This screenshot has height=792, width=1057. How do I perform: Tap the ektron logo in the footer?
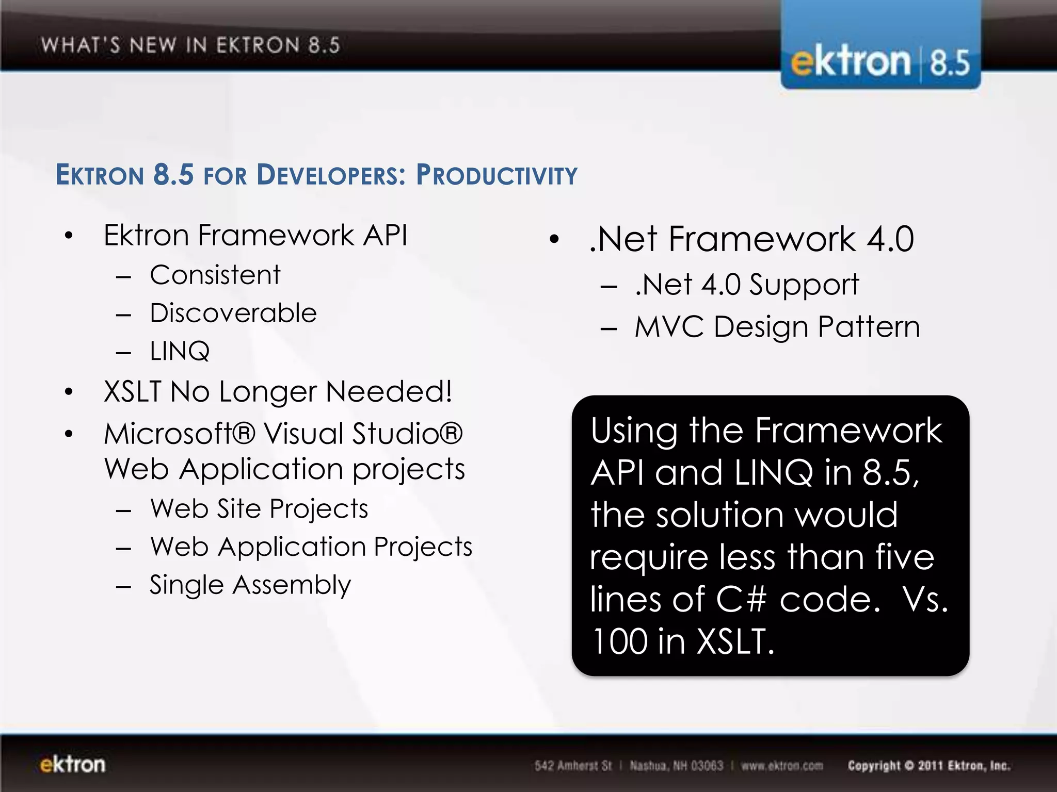73,764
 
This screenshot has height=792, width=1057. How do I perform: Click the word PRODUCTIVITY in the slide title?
497,175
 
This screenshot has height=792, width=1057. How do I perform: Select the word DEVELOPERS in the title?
331,175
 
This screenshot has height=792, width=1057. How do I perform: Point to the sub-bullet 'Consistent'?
215,275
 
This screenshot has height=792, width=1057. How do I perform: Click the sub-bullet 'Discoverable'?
233,313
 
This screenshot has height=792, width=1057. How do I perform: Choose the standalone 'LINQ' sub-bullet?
180,351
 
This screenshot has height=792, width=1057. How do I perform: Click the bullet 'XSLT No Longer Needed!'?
278,391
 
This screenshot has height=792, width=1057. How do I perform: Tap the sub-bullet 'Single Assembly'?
250,585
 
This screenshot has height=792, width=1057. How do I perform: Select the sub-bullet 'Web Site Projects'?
259,509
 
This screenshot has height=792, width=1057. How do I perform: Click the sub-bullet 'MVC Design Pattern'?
777,327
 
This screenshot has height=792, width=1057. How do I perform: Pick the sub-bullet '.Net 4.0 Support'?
747,285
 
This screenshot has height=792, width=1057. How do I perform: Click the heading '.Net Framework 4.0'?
751,239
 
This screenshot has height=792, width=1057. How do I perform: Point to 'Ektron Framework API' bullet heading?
255,236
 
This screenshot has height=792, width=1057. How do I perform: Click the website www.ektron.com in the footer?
782,766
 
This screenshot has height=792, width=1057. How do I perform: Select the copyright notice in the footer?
928,766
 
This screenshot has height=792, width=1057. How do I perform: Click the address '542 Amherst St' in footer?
573,766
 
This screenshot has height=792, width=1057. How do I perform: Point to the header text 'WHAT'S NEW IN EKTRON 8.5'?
190,45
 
